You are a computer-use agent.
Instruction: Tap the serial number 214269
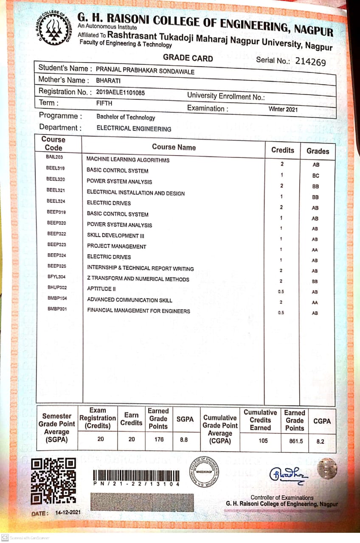click(310, 62)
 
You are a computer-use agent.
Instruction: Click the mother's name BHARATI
click(108, 80)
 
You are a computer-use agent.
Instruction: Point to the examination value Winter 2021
click(283, 109)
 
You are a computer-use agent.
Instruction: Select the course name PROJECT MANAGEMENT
click(116, 246)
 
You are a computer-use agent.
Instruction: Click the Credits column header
click(282, 150)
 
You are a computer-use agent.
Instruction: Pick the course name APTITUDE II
click(101, 289)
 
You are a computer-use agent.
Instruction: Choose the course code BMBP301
click(57, 309)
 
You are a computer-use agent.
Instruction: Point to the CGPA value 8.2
click(321, 441)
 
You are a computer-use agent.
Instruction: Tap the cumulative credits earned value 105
click(263, 441)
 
